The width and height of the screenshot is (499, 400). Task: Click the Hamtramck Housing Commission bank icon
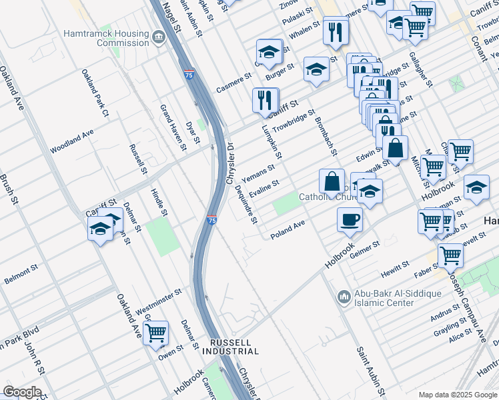coord(158,36)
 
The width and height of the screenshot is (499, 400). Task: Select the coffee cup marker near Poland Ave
coord(350,219)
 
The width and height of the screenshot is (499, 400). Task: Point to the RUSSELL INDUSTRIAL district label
coord(230,346)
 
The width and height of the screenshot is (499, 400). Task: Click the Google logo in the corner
coord(21,392)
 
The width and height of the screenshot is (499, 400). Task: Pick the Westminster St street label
coord(159,302)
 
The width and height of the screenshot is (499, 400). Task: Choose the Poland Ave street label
coord(288,230)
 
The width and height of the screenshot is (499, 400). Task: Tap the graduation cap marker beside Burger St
coord(269,53)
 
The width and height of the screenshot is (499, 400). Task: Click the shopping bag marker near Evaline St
coord(332,181)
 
